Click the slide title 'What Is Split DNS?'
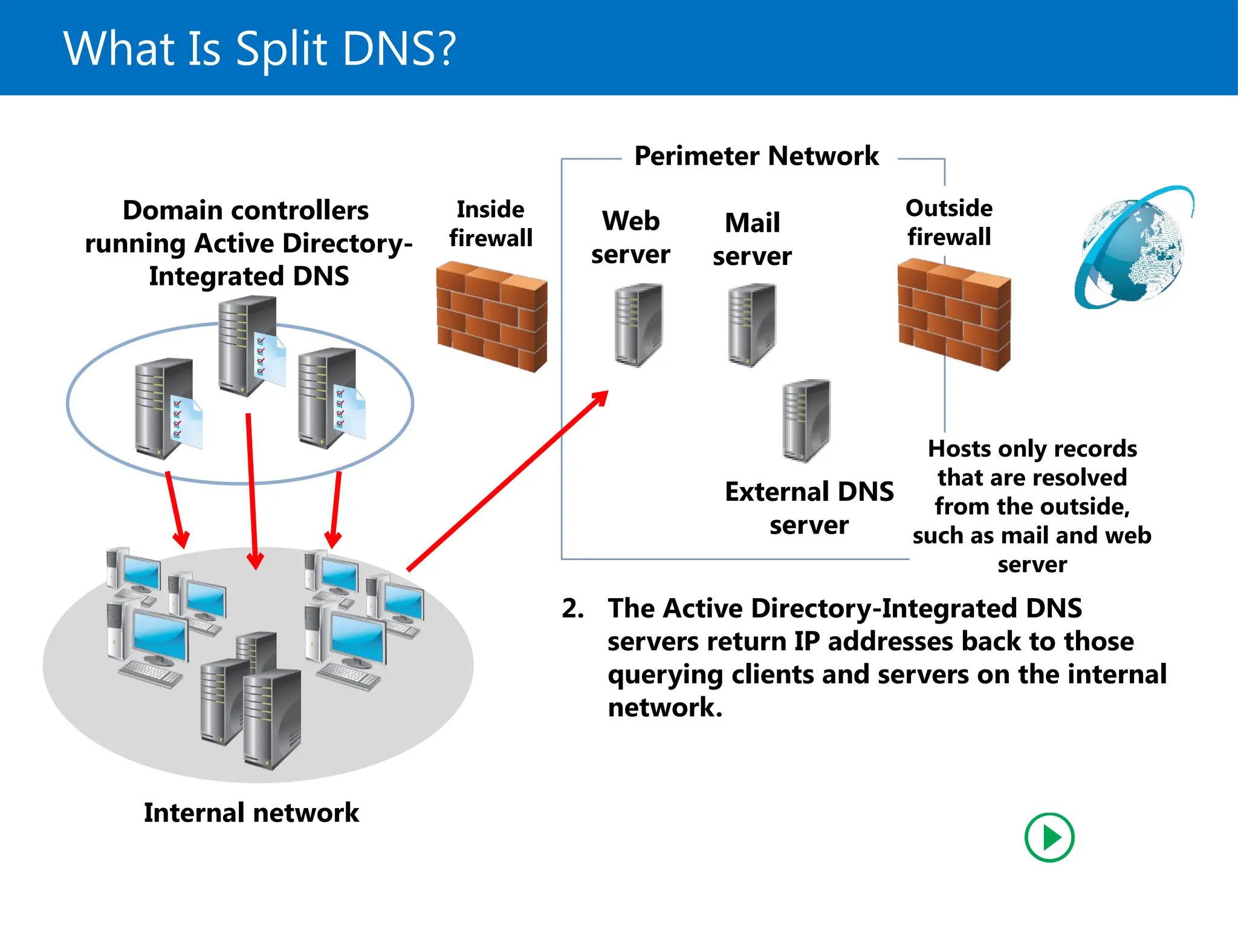(260, 48)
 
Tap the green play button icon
(1049, 838)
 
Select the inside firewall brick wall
(491, 316)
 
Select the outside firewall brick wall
(953, 315)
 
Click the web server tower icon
(638, 325)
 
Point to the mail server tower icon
(751, 325)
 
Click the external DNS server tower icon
(806, 420)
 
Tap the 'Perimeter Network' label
(756, 156)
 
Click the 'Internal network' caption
(251, 812)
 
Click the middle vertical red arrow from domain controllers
(252, 490)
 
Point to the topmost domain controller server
(247, 345)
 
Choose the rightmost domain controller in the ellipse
(328, 397)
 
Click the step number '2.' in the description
(572, 608)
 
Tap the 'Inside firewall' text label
(490, 224)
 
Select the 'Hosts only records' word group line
(1032, 449)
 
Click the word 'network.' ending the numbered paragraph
(665, 708)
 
